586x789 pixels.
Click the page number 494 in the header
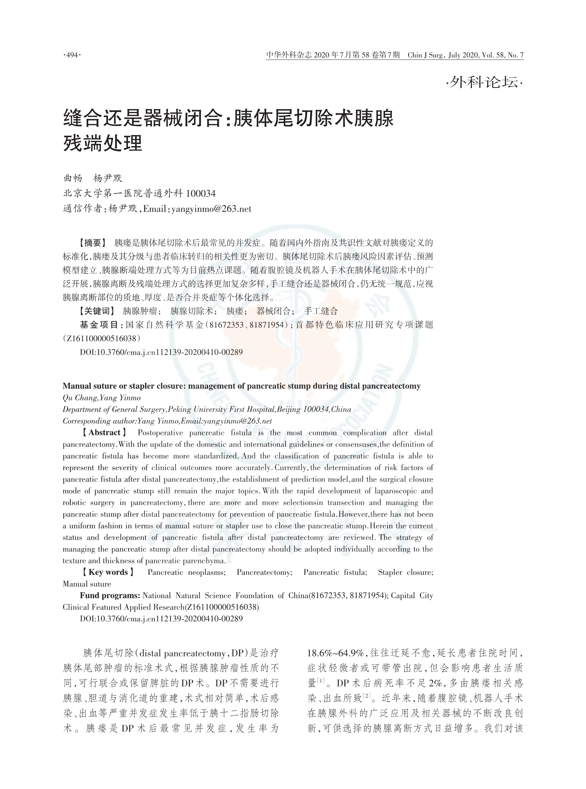(72, 55)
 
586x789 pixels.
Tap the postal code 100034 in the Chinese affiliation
(201, 194)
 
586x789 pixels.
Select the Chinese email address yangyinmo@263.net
(211, 209)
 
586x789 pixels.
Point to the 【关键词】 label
(97, 311)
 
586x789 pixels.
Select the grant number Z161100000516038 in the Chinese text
(101, 339)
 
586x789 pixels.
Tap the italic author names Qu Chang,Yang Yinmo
(101, 398)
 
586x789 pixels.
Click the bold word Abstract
(104, 433)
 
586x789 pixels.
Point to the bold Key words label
(108, 572)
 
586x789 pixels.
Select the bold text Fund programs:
(110, 595)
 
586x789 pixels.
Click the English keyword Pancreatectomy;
(265, 572)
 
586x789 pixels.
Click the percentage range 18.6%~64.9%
(335, 653)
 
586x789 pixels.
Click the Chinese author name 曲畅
(73, 178)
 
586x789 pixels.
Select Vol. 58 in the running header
(492, 55)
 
